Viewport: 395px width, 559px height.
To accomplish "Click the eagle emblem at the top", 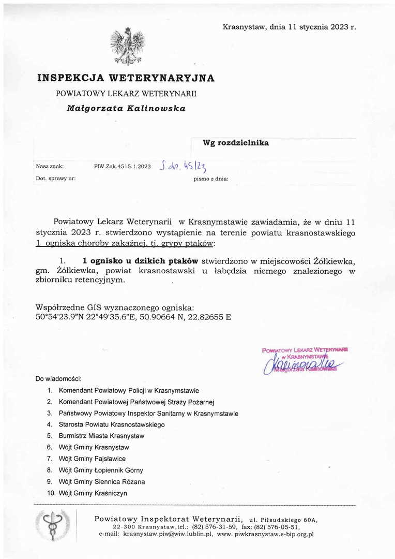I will pos(127,46).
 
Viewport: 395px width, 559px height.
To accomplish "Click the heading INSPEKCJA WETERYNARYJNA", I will pos(126,78).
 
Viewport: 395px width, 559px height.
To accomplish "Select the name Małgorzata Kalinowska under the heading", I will pos(126,109).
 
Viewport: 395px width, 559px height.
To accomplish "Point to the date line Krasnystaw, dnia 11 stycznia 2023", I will pos(289,27).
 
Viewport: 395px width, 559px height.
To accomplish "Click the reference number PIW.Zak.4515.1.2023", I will pos(123,167).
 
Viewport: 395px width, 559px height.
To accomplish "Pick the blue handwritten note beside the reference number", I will pos(184,166).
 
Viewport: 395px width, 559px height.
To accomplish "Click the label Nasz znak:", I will pos(50,167).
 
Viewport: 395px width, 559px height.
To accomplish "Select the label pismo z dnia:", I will pos(210,179).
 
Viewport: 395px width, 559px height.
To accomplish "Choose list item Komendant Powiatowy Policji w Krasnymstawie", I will pos(129,391).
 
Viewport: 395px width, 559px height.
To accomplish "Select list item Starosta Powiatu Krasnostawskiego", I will pos(112,424).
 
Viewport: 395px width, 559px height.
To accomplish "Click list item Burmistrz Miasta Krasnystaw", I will pos(101,436).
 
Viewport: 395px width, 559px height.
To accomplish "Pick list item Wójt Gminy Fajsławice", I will pos(92,459).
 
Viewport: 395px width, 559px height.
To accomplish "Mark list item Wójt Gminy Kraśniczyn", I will pos(93,493).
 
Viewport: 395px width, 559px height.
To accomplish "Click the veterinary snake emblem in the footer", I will pos(52,525).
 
